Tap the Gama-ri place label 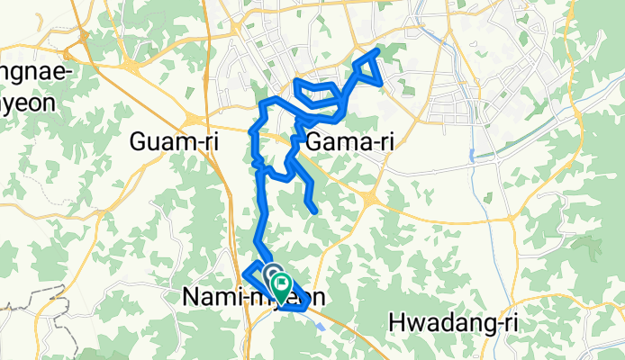click(351, 141)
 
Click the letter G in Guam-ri click(140, 141)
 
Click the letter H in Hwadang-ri click(396, 321)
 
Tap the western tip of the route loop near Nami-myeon click(245, 270)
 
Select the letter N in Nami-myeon click(191, 296)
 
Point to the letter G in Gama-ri click(315, 141)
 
